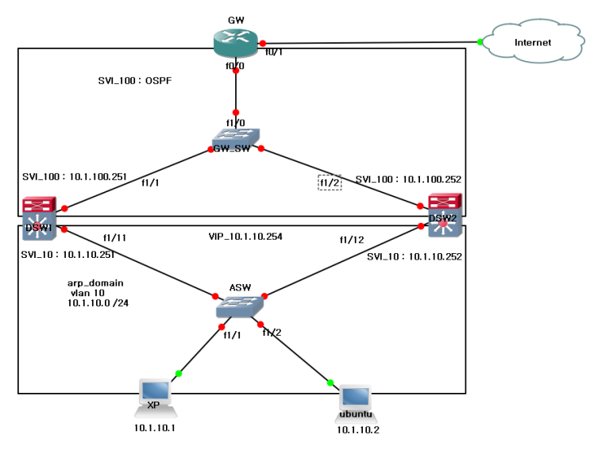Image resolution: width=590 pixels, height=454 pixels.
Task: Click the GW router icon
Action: (236, 42)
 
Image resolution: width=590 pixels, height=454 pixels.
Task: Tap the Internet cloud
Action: (531, 43)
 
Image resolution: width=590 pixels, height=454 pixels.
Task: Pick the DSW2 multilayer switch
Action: (442, 216)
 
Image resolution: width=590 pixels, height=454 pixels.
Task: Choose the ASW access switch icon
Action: (241, 306)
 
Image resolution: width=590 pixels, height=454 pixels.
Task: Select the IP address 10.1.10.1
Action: (154, 428)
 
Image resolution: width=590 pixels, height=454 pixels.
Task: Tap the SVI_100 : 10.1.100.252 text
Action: (408, 179)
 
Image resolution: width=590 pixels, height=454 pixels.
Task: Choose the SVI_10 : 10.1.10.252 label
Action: (414, 257)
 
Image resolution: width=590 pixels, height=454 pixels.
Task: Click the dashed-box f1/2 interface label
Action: (330, 183)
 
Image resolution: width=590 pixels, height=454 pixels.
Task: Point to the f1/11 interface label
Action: (115, 237)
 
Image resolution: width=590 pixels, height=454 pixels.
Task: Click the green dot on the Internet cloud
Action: (480, 42)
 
